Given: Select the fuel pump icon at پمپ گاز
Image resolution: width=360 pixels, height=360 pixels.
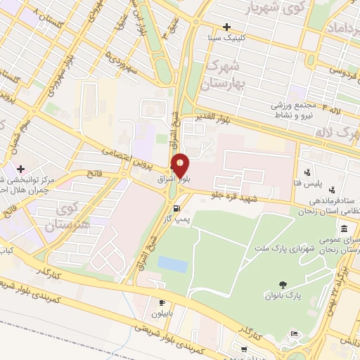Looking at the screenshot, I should [x=176, y=208].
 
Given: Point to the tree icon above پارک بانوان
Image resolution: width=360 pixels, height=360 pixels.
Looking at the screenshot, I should [x=283, y=285].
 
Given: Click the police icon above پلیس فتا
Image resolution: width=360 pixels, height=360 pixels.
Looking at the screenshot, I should [x=308, y=172].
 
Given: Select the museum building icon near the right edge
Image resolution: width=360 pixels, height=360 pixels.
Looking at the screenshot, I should [x=343, y=229].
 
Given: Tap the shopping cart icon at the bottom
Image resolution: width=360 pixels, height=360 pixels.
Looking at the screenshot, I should [x=244, y=349].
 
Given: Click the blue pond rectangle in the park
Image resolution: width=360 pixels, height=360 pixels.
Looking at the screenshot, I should [x=172, y=264].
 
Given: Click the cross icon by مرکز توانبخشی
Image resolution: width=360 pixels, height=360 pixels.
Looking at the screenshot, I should [x=21, y=169].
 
